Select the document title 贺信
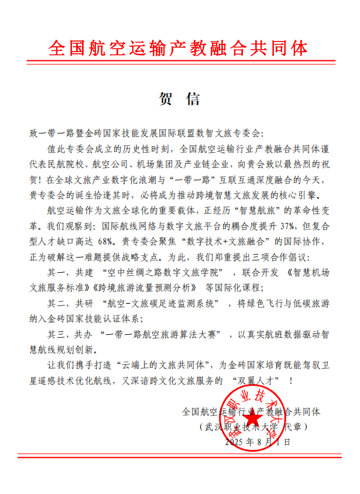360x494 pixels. (x=180, y=99)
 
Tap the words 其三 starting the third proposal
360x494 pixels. (x=57, y=334)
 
